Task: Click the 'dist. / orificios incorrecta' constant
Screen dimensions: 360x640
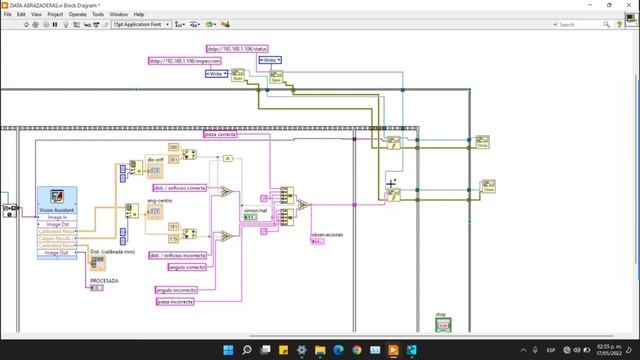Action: tap(180, 255)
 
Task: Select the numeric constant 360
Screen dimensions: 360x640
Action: tap(172, 147)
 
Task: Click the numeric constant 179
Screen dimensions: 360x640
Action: tap(172, 237)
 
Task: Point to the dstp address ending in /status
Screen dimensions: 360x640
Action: tap(233, 46)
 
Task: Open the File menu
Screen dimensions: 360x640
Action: tap(7, 15)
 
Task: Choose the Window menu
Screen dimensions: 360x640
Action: tap(118, 15)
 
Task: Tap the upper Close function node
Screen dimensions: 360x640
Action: tap(482, 140)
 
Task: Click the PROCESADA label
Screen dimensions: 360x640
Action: tap(105, 281)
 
